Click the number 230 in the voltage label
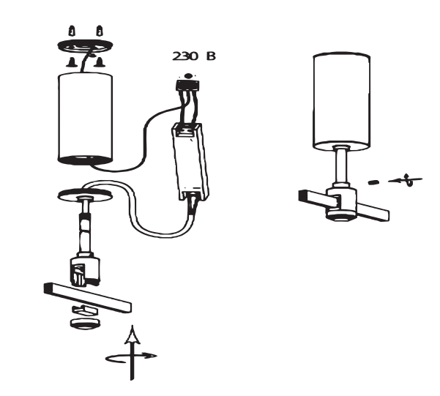(x=184, y=56)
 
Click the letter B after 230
(x=211, y=56)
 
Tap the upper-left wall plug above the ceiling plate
(x=72, y=31)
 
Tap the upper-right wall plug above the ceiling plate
(x=100, y=31)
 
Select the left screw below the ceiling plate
(x=72, y=62)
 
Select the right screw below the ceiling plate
(x=99, y=62)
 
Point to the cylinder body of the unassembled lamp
(x=86, y=119)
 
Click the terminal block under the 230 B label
(x=188, y=85)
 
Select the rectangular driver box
(x=191, y=162)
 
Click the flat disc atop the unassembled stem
(x=85, y=194)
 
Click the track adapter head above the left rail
(x=84, y=270)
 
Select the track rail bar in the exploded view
(x=88, y=298)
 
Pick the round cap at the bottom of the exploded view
(x=86, y=324)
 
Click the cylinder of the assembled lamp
(x=341, y=102)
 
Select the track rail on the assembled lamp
(x=344, y=206)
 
